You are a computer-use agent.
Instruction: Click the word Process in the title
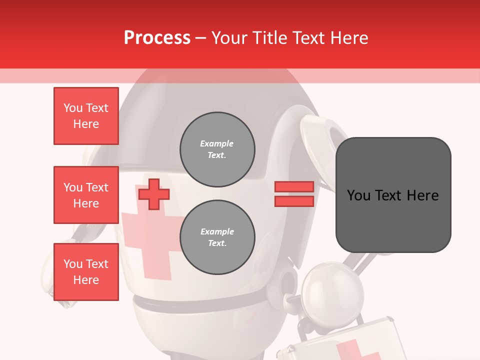click(x=157, y=38)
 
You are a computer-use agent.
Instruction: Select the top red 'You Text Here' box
click(x=86, y=116)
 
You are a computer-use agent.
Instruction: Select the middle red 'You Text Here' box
click(x=86, y=195)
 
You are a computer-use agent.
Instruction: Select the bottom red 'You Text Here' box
click(x=86, y=272)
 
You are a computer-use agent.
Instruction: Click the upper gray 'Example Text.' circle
click(x=217, y=149)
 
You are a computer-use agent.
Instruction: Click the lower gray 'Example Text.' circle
click(x=217, y=237)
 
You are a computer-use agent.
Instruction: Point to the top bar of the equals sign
click(x=294, y=186)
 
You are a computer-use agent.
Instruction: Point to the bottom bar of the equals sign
click(x=294, y=201)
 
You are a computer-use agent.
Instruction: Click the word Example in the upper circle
click(x=216, y=143)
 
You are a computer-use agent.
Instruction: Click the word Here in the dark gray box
click(x=422, y=195)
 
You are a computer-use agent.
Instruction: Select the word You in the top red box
click(x=73, y=108)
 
